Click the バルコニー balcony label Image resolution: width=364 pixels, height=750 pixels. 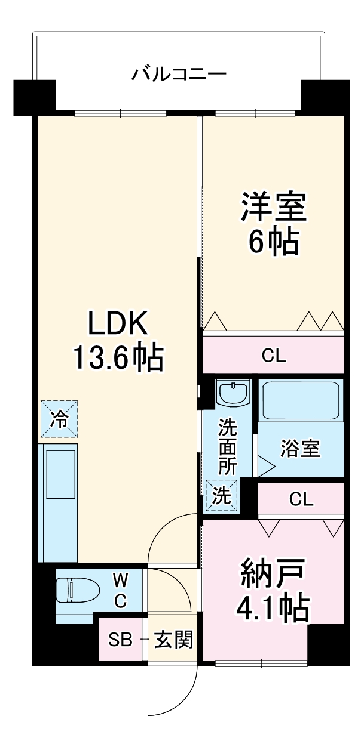point(179,75)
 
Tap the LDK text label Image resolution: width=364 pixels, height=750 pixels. point(118,325)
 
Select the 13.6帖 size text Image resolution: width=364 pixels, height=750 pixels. point(118,358)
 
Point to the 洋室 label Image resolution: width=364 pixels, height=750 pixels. point(274,206)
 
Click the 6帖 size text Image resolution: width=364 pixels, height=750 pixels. point(274,242)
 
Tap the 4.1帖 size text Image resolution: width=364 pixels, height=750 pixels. point(273,609)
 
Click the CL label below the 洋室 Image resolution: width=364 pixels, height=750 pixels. point(274,356)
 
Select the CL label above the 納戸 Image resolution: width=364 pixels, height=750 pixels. point(301,498)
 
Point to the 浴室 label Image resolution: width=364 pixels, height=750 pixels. point(301,449)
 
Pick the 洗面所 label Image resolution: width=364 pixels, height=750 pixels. point(227,447)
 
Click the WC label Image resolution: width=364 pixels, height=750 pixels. point(120,590)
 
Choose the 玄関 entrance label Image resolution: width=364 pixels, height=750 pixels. point(173,640)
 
